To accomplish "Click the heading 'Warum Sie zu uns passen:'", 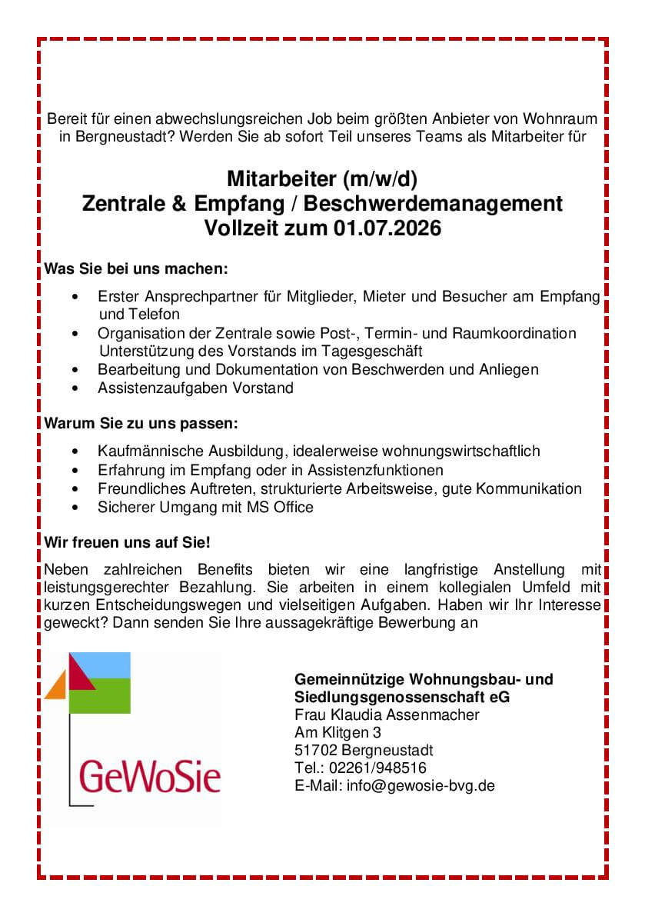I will pos(141,423).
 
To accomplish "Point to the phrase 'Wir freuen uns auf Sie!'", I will pos(128,542).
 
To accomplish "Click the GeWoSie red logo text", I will pos(150,776).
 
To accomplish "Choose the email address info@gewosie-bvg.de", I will pos(421,785).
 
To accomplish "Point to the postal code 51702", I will pos(315,750).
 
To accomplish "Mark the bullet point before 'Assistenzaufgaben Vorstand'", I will pos(74,388).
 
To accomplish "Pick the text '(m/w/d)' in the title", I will pos(381,179).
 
